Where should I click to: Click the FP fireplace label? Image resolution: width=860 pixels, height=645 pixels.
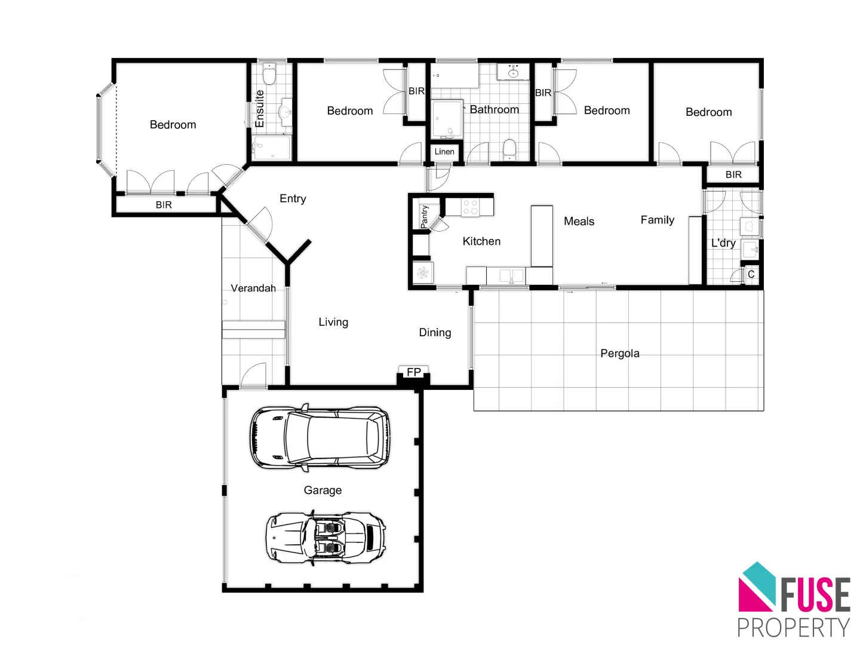[414, 372]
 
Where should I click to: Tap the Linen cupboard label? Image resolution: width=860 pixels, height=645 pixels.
[444, 152]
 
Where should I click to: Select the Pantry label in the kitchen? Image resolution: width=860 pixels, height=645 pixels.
[424, 216]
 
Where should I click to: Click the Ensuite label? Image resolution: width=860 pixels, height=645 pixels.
[260, 109]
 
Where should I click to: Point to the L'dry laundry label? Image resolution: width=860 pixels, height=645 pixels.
[723, 243]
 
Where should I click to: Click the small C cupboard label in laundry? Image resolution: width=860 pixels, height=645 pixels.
[751, 274]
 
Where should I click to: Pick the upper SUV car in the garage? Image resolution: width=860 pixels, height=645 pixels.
[320, 438]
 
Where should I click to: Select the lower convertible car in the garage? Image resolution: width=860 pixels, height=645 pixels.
[325, 537]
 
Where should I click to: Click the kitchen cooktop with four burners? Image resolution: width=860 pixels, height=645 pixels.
[470, 207]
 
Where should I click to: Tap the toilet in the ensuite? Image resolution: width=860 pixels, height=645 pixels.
[269, 75]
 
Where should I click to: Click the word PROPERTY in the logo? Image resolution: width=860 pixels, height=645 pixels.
[793, 628]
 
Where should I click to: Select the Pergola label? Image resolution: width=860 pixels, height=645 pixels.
[620, 354]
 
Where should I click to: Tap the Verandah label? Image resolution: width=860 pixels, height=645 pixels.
[253, 288]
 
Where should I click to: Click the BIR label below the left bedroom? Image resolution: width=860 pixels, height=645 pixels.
[164, 205]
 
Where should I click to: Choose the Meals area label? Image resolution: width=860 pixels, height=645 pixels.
[579, 222]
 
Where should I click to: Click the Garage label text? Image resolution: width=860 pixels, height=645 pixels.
[322, 490]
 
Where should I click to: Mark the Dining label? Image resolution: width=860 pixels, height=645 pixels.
[435, 333]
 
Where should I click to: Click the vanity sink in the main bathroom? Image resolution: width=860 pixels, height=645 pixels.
[513, 73]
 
